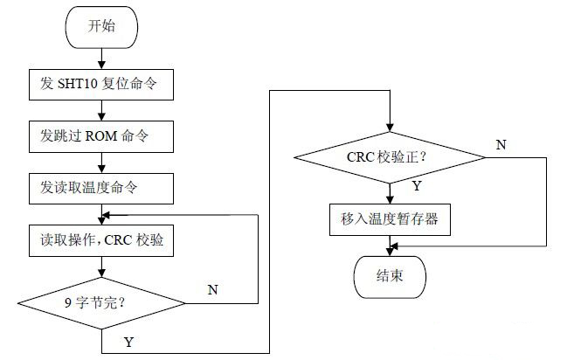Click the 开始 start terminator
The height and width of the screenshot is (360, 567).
(x=101, y=26)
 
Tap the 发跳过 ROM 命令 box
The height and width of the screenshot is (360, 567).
(x=102, y=136)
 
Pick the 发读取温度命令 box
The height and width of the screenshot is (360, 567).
(x=102, y=187)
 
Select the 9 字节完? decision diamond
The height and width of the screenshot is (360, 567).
(x=102, y=303)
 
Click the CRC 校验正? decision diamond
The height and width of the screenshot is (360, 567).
(x=389, y=158)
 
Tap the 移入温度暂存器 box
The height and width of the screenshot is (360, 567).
(x=390, y=219)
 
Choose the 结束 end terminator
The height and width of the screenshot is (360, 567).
(x=390, y=277)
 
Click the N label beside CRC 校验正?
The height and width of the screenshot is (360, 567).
(x=501, y=144)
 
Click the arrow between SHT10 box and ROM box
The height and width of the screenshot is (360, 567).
(x=102, y=110)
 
